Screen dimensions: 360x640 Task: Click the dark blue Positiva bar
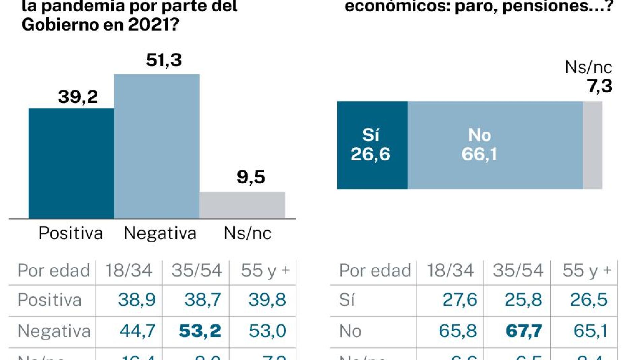[x=71, y=163]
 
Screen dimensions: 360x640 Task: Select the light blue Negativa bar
[x=157, y=146]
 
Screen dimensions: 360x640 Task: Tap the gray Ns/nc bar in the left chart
[x=242, y=205]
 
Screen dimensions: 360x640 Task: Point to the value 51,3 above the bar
[x=164, y=60]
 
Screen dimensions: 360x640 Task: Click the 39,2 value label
[x=78, y=97]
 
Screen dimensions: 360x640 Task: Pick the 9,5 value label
[x=251, y=177]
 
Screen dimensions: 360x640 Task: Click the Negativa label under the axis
[x=160, y=233]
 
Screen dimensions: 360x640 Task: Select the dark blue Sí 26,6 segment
[x=372, y=145]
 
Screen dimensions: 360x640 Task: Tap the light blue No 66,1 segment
[x=495, y=145]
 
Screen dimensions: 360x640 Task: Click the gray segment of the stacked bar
[x=593, y=145]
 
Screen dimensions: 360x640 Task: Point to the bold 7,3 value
[x=600, y=86]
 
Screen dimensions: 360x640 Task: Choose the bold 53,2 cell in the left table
[x=200, y=331]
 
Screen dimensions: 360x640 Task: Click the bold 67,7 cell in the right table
[x=524, y=331]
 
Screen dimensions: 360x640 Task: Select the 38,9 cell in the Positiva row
[x=137, y=300]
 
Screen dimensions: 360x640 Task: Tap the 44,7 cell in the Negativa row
[x=137, y=331]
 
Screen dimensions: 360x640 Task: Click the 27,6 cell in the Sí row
[x=460, y=300]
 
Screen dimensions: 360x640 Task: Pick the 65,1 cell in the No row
[x=590, y=331]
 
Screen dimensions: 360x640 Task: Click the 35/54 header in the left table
[x=197, y=270]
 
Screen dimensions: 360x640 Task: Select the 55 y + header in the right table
[x=587, y=270]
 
